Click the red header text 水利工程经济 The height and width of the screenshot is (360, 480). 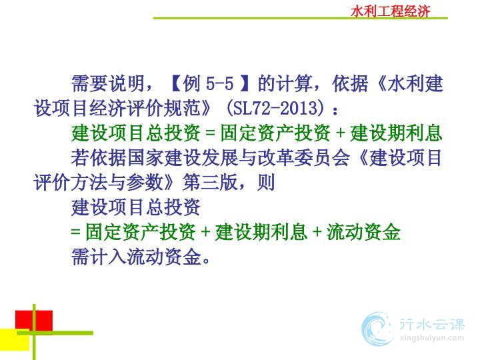pyautogui.click(x=391, y=11)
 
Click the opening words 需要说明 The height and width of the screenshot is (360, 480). pyautogui.click(x=108, y=83)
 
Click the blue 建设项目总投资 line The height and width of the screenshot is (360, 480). pyautogui.click(x=135, y=207)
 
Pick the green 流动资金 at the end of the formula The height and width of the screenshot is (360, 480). pyautogui.click(x=363, y=232)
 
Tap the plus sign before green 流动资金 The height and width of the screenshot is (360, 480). pyautogui.click(x=317, y=233)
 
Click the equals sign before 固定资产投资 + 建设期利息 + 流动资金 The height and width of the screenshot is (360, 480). pyautogui.click(x=75, y=232)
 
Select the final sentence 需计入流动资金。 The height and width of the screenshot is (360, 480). pyautogui.click(x=141, y=257)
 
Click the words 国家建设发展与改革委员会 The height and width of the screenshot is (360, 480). pyautogui.click(x=238, y=157)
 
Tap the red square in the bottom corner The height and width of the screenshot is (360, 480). pyautogui.click(x=34, y=321)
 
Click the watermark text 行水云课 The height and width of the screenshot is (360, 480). pyautogui.click(x=432, y=324)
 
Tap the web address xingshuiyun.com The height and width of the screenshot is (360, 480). pyautogui.click(x=431, y=338)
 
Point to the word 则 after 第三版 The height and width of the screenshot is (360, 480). pyautogui.click(x=266, y=183)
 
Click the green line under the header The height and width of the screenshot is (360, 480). pyautogui.click(x=300, y=19)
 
